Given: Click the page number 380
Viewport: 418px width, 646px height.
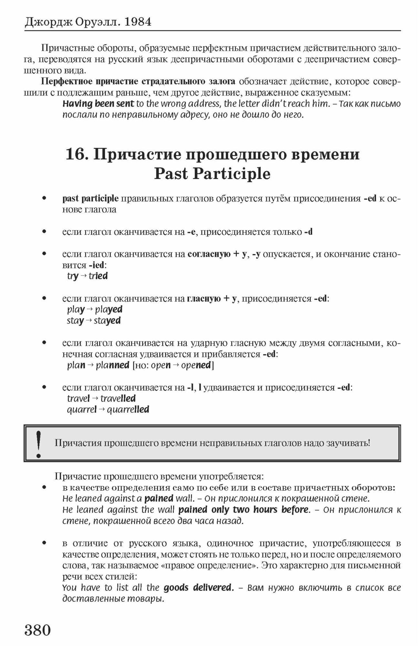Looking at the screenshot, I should (38, 630).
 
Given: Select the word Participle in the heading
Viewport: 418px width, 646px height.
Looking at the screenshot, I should (231, 174).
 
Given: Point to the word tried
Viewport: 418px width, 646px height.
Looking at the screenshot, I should (98, 276).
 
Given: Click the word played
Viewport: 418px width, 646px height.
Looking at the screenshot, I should (109, 309).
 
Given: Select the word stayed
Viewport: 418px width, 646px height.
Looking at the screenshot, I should (107, 321).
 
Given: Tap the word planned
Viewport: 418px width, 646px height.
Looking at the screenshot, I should (112, 365).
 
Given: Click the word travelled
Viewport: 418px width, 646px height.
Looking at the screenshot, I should (118, 399).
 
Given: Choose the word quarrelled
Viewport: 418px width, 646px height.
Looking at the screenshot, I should (128, 410).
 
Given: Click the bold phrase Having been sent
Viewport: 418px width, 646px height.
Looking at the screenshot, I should (98, 104).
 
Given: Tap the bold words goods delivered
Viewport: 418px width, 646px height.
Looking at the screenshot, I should (198, 587).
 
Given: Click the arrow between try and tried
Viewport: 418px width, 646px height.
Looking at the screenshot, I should (83, 276).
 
